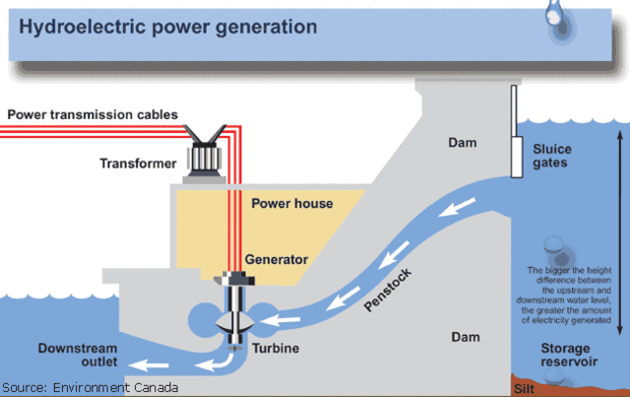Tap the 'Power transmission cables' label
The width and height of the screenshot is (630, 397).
pos(93,114)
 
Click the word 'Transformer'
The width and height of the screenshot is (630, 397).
pos(137,163)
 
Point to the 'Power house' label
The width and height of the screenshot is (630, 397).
pos(291,204)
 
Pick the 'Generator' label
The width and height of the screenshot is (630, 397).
pos(277,259)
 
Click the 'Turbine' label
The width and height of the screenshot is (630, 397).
pos(274,349)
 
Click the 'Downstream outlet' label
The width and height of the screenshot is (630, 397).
pos(78,356)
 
